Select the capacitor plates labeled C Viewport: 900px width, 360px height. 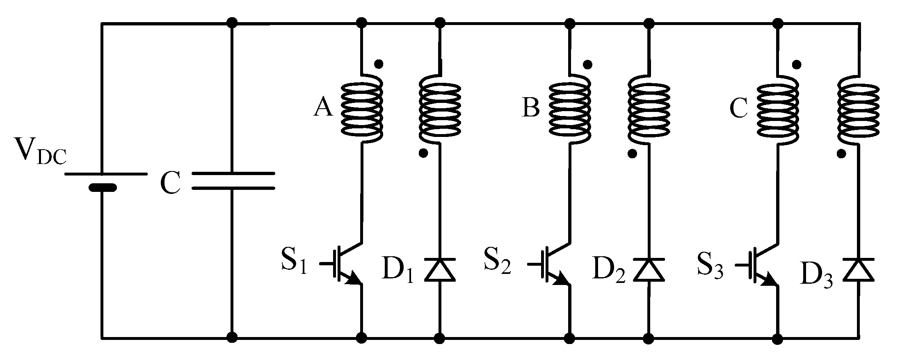[233, 181]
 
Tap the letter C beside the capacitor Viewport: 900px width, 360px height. [170, 182]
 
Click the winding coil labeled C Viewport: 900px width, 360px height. [778, 111]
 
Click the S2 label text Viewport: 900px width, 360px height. [497, 262]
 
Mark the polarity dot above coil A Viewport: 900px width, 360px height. [379, 64]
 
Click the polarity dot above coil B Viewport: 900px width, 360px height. [587, 64]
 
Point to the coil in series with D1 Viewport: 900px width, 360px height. [440, 110]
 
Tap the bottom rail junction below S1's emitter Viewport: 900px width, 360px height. [361, 338]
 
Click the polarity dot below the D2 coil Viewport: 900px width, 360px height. [632, 153]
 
